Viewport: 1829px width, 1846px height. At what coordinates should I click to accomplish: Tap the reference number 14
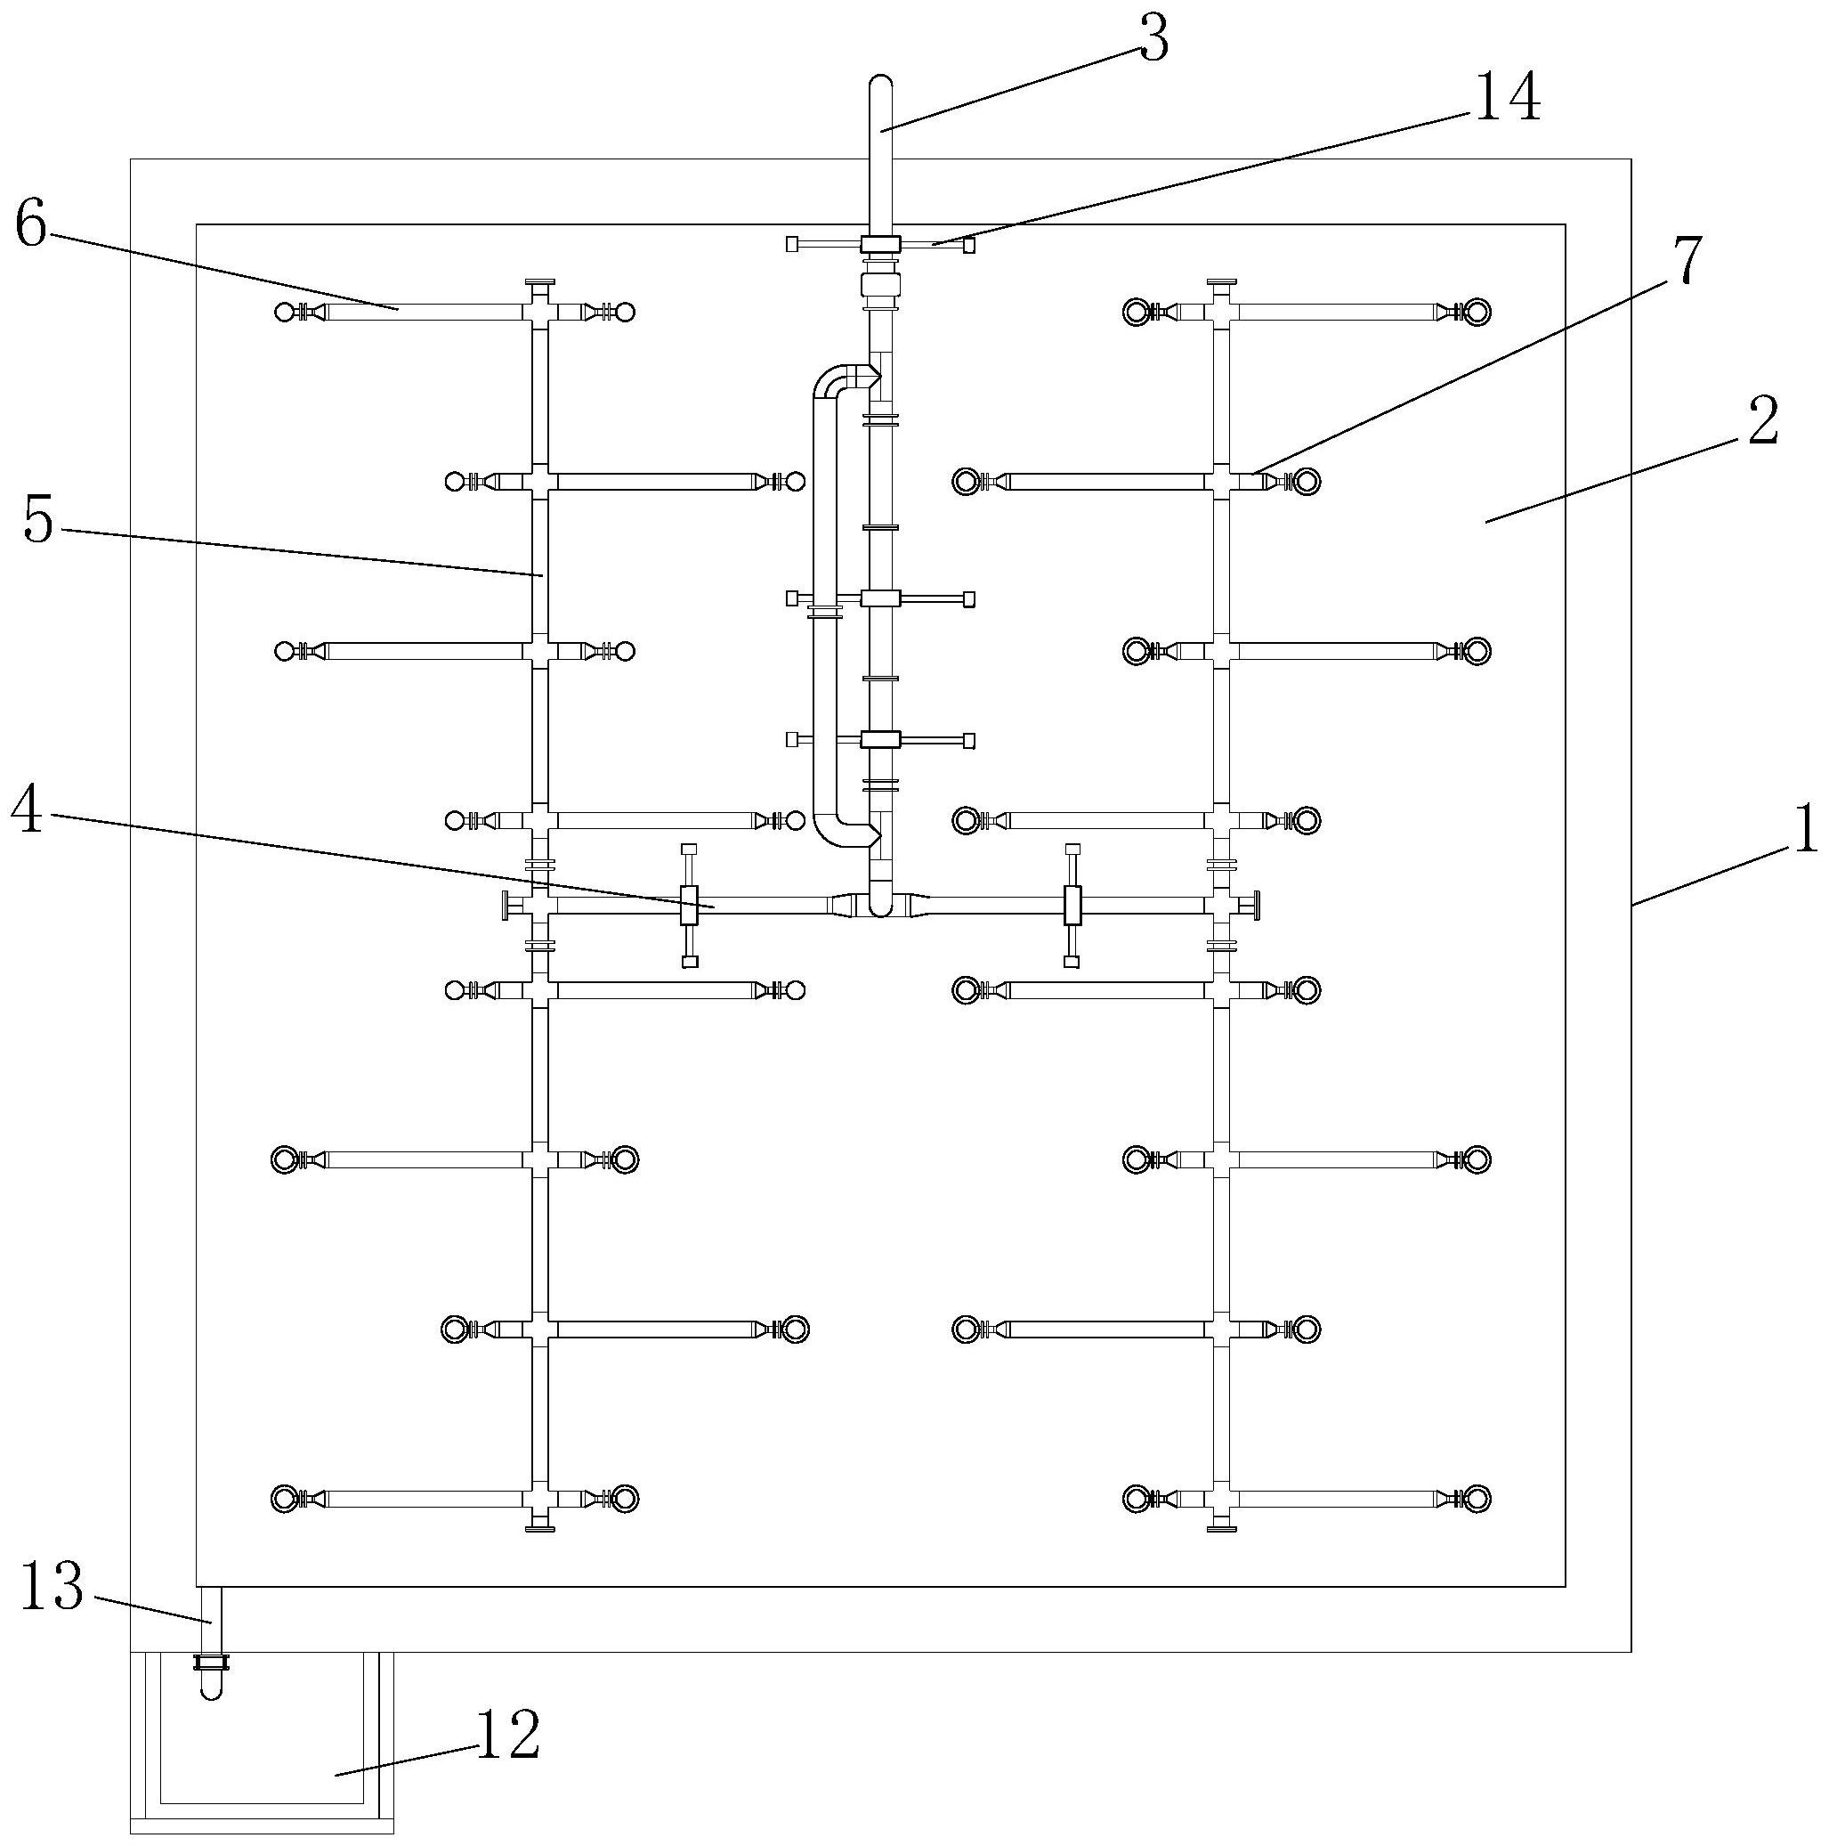tap(1508, 99)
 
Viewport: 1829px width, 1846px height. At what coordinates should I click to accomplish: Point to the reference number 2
tap(1764, 420)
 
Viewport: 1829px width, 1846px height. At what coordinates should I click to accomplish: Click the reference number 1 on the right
tap(1802, 827)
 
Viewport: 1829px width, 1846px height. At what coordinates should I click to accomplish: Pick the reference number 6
tap(30, 225)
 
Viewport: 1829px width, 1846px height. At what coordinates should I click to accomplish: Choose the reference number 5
tap(38, 522)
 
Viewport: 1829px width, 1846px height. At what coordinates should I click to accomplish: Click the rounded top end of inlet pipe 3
tap(879, 84)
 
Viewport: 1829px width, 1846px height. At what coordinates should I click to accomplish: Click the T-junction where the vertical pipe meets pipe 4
tap(879, 903)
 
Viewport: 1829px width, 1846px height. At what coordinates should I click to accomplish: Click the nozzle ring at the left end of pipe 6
tap(284, 312)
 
